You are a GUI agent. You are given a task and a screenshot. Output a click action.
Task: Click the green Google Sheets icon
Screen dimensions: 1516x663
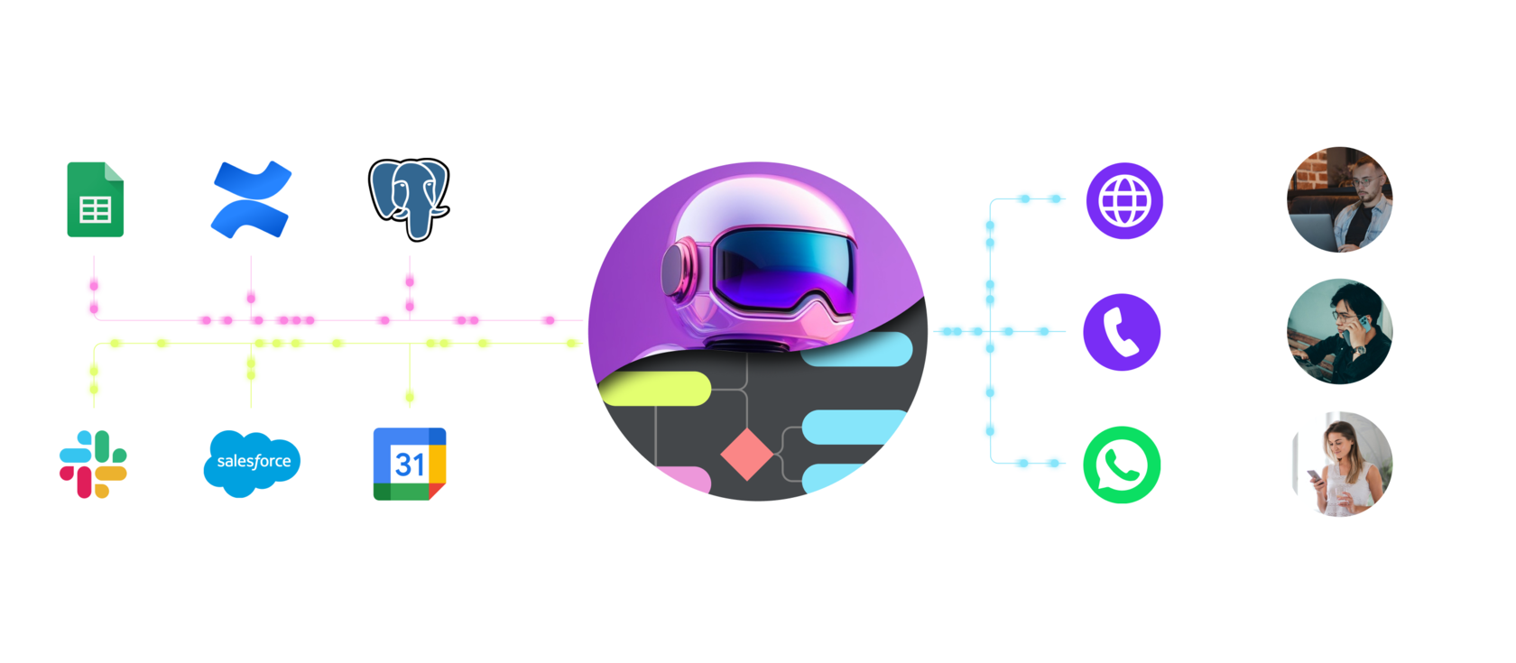tap(95, 199)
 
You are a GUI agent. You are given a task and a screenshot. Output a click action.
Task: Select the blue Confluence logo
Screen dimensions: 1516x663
tap(250, 199)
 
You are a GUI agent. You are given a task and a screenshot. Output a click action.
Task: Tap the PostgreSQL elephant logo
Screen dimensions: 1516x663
tap(409, 199)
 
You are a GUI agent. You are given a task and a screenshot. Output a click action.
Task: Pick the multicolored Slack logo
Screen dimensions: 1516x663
tap(94, 464)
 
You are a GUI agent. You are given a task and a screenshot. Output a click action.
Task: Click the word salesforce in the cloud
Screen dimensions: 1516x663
tap(254, 461)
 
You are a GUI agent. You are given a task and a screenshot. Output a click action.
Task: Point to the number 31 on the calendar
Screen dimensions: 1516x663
tap(410, 465)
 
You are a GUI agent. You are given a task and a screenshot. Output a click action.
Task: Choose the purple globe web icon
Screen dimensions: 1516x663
tap(1123, 200)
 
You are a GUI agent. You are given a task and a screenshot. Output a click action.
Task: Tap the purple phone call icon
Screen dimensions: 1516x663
tap(1122, 332)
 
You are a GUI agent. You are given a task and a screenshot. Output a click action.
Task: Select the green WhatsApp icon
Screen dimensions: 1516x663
tap(1122, 465)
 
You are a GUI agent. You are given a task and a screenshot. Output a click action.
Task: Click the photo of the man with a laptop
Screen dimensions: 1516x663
tap(1340, 199)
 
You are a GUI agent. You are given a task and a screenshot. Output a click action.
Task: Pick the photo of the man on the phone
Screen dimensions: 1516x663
tap(1340, 332)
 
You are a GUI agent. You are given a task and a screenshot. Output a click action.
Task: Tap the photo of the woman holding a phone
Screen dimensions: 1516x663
tap(1340, 465)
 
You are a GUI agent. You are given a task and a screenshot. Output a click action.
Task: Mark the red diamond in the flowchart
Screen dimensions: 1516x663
tap(747, 455)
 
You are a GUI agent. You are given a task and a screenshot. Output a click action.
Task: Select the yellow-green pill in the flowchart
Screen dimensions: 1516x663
tap(655, 389)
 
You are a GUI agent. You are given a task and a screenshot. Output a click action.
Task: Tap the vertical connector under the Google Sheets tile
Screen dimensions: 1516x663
tap(94, 286)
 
